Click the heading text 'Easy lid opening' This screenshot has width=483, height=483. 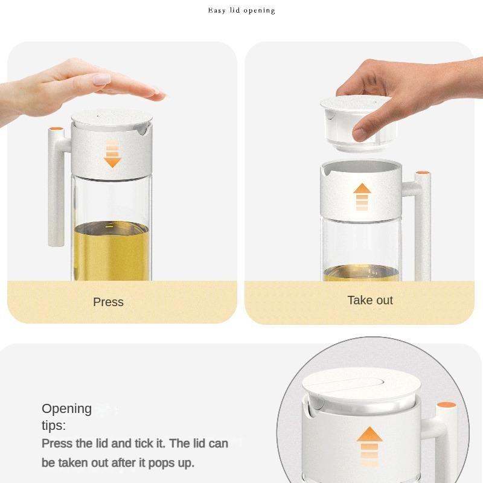[241, 10]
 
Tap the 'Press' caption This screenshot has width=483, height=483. [108, 302]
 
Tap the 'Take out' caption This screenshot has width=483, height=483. [370, 300]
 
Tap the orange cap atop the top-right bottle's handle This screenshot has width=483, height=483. [423, 174]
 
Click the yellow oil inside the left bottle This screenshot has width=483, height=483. [112, 251]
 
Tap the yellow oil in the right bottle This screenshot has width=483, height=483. [361, 273]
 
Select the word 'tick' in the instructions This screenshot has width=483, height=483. [149, 444]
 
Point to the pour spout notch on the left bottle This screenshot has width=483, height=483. [141, 129]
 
